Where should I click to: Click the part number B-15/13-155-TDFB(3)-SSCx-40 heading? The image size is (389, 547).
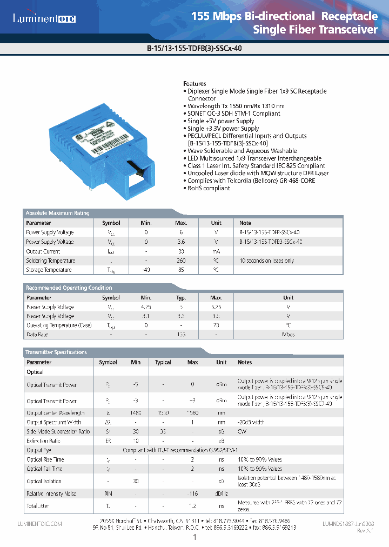click(x=194, y=47)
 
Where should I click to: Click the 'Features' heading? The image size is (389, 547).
click(x=194, y=84)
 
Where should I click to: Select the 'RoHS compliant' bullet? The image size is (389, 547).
click(x=209, y=188)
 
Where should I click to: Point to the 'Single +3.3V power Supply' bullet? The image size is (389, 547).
click(x=223, y=129)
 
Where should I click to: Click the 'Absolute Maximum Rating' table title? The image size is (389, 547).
click(x=58, y=213)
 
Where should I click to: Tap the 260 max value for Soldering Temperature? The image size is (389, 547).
click(x=181, y=261)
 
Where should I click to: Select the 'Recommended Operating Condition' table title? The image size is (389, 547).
click(x=69, y=288)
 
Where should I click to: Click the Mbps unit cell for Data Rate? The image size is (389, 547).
click(x=288, y=335)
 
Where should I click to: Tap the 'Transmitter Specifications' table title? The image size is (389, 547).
click(x=56, y=352)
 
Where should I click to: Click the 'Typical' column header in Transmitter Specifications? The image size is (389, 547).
click(x=163, y=362)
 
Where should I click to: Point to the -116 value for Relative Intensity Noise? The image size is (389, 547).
click(x=193, y=493)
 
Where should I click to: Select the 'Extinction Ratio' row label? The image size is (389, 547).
click(x=44, y=441)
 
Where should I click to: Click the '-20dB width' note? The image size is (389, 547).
click(x=251, y=422)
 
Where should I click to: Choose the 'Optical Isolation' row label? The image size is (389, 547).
click(x=44, y=481)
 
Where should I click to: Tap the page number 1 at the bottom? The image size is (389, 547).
click(x=194, y=537)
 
